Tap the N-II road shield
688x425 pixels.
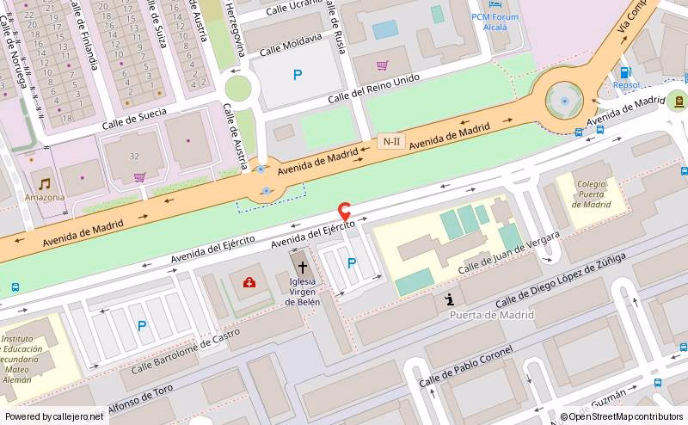click(391, 141)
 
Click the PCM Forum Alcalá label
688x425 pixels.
click(489, 22)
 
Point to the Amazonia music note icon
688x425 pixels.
click(44, 183)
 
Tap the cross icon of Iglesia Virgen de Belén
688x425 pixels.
click(302, 268)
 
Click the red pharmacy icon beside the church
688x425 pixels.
click(249, 282)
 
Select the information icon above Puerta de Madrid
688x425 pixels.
click(449, 299)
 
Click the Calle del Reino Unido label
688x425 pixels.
click(373, 89)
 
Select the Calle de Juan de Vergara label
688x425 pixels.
click(508, 253)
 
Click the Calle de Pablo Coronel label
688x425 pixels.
click(465, 366)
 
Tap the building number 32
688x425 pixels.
click(134, 156)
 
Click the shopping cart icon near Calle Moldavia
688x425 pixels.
click(383, 65)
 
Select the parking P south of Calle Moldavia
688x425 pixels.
click(298, 75)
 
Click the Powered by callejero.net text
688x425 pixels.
click(55, 416)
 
